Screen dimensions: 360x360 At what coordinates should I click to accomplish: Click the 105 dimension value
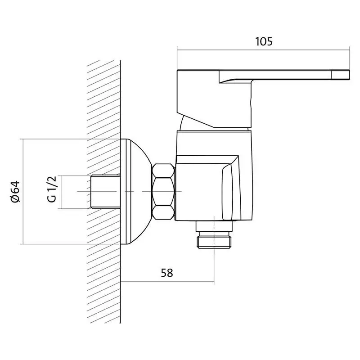(264, 42)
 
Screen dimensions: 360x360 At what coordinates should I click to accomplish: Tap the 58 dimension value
(167, 273)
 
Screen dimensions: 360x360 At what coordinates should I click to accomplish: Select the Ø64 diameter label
(16, 192)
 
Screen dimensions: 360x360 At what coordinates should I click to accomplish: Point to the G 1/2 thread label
(51, 189)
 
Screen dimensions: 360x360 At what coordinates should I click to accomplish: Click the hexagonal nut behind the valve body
(163, 192)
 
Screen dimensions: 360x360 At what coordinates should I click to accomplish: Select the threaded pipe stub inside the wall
(105, 192)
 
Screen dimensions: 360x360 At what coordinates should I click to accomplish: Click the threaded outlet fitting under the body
(214, 240)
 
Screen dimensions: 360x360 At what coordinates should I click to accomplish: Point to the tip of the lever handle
(349, 75)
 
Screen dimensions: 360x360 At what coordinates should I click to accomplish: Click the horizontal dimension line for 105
(263, 50)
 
